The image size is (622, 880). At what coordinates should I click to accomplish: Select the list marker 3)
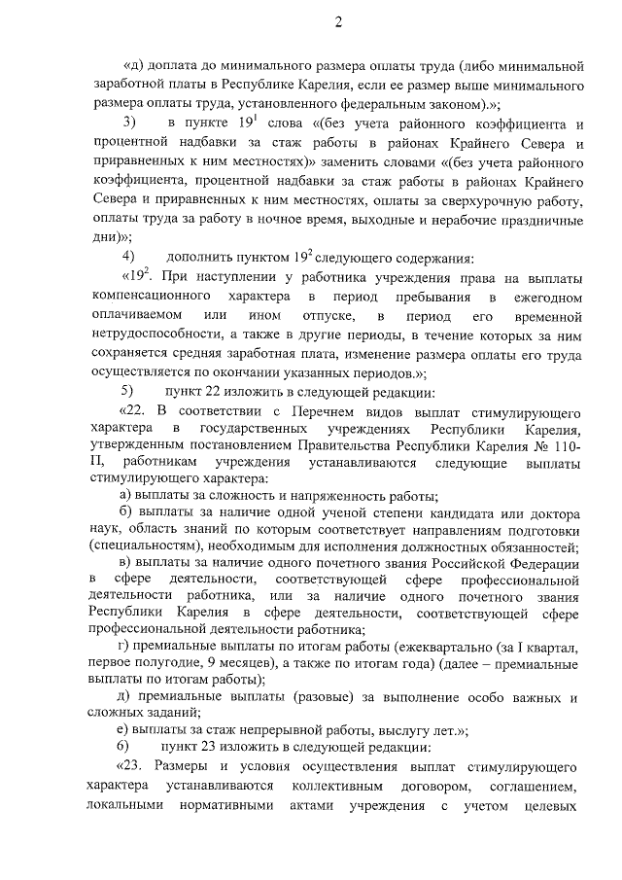click(127, 123)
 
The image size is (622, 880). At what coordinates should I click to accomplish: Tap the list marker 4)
click(127, 257)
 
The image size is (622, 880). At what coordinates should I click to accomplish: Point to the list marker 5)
click(127, 391)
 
